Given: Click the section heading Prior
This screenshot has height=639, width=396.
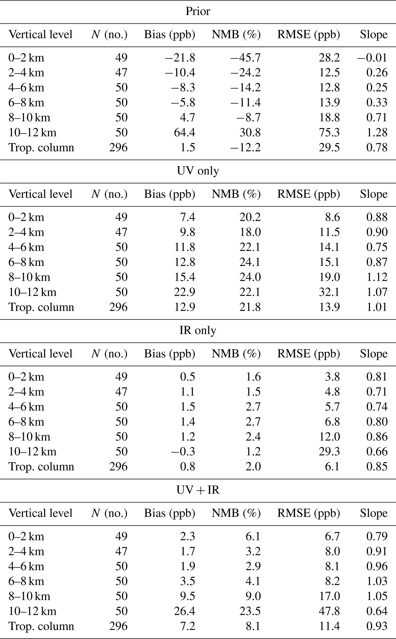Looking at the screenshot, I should (198, 12).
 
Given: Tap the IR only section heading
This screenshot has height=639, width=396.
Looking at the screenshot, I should (198, 331).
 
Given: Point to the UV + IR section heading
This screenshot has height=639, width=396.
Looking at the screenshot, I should (198, 490).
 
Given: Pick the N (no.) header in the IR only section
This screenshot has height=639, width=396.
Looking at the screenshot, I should (109, 354).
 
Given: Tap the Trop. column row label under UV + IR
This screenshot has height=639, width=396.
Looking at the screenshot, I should (41, 626).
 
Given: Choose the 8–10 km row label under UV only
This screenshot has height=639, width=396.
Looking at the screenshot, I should (29, 277).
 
